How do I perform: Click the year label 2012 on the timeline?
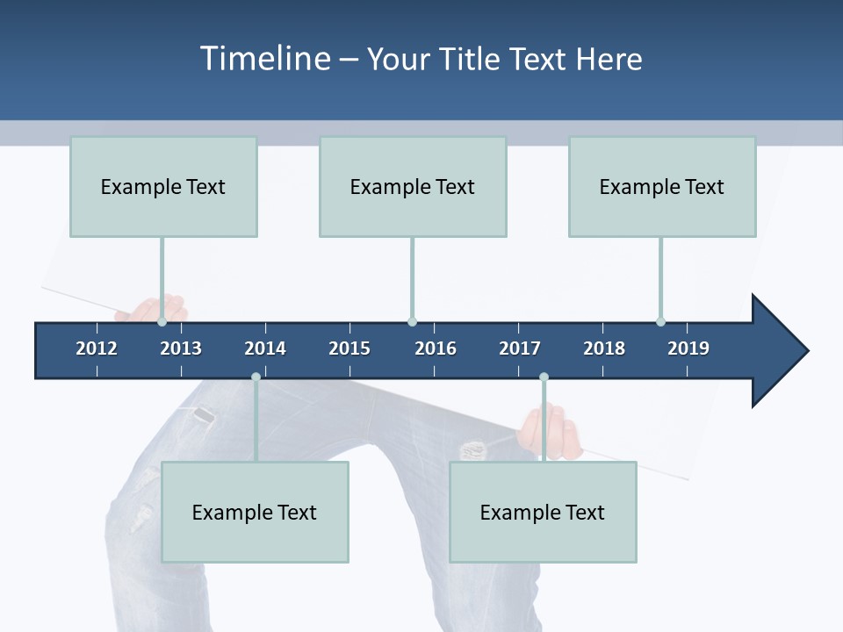97,348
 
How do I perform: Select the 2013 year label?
181,348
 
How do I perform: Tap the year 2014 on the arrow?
265,348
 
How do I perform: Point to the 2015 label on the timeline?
349,348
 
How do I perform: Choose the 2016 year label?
436,348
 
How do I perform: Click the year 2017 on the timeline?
520,348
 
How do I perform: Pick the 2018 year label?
604,348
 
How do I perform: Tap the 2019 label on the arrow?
688,348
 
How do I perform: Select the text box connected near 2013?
163,187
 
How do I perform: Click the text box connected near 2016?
413,187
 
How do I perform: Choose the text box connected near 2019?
662,187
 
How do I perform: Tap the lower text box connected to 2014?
255,513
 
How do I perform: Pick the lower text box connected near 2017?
543,513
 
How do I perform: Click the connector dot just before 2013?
162,322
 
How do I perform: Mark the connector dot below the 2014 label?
256,377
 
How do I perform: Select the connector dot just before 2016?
412,322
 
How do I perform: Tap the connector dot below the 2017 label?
544,377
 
